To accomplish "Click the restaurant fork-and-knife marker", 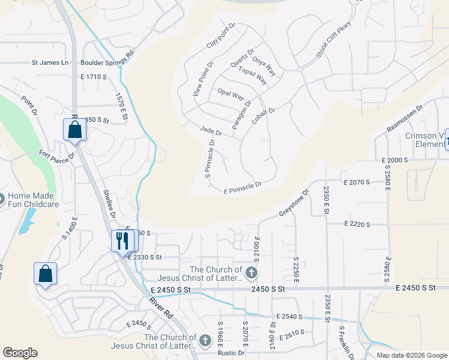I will pos(122,241).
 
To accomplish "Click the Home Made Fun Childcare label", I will pos(34,200).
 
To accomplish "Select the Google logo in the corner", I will pos(20,353).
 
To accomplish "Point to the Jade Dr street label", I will pos(211,130).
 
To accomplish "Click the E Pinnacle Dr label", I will pos(243,189).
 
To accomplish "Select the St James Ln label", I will pos(50,62).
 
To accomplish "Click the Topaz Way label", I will pos(252,74).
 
